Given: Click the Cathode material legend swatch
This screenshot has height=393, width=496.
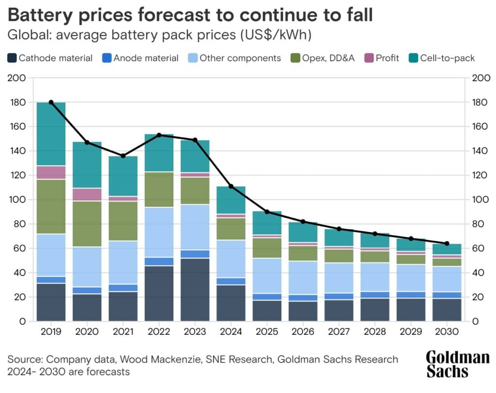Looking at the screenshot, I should (12, 58).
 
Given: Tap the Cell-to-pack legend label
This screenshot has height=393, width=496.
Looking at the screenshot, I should (448, 58).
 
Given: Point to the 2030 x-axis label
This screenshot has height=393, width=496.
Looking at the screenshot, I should (447, 332).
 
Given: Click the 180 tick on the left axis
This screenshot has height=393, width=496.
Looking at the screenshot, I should (18, 102).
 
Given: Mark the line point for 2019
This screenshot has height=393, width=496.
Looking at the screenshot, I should (51, 102).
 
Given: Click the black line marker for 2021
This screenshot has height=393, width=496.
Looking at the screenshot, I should (123, 156).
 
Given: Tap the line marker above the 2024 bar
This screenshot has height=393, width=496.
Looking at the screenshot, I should (231, 186).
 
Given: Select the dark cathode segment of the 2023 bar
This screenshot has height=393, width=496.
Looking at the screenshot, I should (195, 289).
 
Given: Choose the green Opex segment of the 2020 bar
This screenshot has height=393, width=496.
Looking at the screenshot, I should (87, 224).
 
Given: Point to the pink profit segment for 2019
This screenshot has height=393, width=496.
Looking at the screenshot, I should (51, 173).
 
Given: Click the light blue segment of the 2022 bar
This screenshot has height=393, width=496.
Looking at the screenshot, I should (159, 232).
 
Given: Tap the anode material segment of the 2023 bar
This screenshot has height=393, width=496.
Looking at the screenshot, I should (195, 254).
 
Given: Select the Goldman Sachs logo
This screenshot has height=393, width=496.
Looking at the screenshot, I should (457, 364).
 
